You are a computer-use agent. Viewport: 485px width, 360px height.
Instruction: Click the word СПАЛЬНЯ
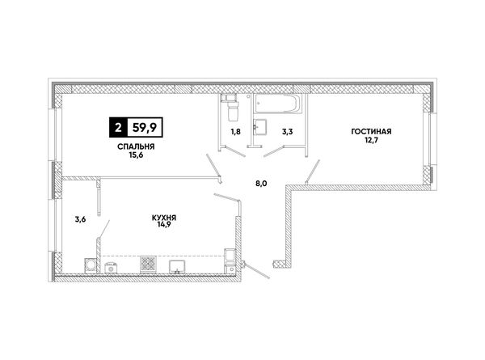coord(136,146)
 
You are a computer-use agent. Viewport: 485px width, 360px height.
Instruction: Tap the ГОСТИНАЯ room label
coord(371,132)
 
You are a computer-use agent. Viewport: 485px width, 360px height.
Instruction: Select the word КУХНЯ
coord(164,218)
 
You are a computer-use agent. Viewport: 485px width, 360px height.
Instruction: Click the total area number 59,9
coord(145,127)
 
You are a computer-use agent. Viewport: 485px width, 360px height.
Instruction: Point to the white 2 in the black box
coord(118,127)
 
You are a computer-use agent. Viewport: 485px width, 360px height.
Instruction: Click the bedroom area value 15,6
coord(136,155)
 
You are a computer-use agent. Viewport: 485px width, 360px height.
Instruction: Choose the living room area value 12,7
coord(371,140)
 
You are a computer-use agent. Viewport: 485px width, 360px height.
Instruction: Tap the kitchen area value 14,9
coord(164,224)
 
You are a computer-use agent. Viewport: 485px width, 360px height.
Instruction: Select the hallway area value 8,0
coord(261,184)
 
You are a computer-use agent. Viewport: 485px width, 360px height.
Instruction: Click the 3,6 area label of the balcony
coord(80,219)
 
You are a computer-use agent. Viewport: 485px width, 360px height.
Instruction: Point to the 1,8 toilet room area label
coord(235,132)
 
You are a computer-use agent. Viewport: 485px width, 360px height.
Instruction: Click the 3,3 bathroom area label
coord(287,132)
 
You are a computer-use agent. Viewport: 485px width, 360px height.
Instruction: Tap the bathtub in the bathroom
coord(277,104)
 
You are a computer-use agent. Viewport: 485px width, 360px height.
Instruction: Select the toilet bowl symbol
coord(232,112)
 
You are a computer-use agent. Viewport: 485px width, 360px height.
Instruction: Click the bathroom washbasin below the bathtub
coord(259,127)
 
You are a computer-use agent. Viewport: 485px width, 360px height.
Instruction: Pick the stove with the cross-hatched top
coord(149,265)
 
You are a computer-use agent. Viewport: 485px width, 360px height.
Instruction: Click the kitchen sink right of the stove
coord(177,266)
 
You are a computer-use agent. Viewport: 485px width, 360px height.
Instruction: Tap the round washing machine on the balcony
coord(91,266)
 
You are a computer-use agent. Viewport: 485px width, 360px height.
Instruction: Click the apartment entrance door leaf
coord(256,270)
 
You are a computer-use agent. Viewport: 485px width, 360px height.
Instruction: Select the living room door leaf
coord(312,172)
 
